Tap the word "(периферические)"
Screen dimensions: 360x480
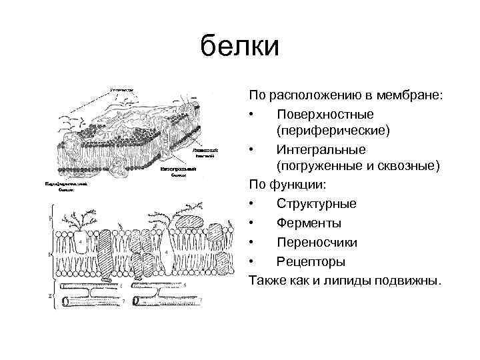coord(333,131)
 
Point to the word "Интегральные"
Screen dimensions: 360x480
coord(320,148)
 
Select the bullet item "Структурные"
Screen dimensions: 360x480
coord(316,203)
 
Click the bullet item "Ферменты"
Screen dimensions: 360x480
coord(309,223)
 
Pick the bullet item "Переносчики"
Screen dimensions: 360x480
coord(317,241)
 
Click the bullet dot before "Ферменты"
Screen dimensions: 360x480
coord(253,223)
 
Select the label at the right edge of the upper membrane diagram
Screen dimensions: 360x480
coord(205,154)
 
